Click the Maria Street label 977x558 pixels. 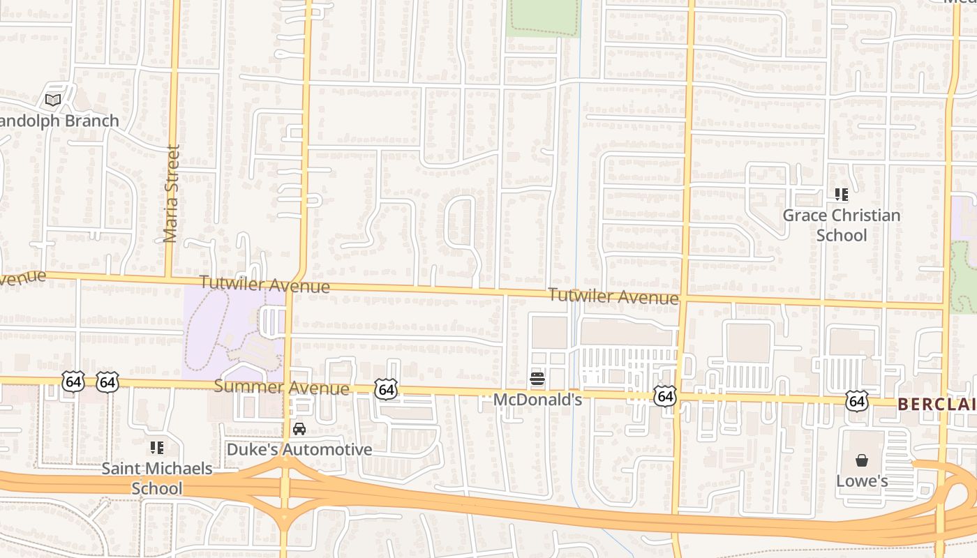172,193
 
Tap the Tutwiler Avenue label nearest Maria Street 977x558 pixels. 264,285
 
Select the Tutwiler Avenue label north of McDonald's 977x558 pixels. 613,296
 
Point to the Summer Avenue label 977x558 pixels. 281,387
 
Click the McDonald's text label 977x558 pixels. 537,400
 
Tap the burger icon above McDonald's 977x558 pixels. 537,379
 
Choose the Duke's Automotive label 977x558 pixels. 299,449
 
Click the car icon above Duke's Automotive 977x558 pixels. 299,428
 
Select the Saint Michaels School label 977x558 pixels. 157,478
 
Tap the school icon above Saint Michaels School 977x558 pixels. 157,447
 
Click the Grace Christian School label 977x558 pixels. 841,225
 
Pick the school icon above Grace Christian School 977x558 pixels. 841,195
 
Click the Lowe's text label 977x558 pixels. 862,481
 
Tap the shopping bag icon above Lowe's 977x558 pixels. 862,460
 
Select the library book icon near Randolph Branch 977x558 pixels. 53,100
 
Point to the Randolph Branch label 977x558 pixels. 59,121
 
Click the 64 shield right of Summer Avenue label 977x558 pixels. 386,390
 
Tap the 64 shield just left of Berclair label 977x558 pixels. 857,401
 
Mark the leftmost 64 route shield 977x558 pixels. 73,382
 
